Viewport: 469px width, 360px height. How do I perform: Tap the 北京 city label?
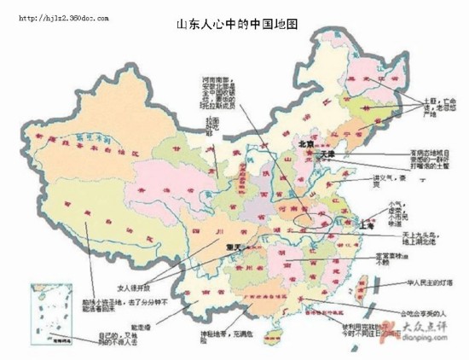[306, 146]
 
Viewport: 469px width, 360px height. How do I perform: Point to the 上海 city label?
[369, 228]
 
